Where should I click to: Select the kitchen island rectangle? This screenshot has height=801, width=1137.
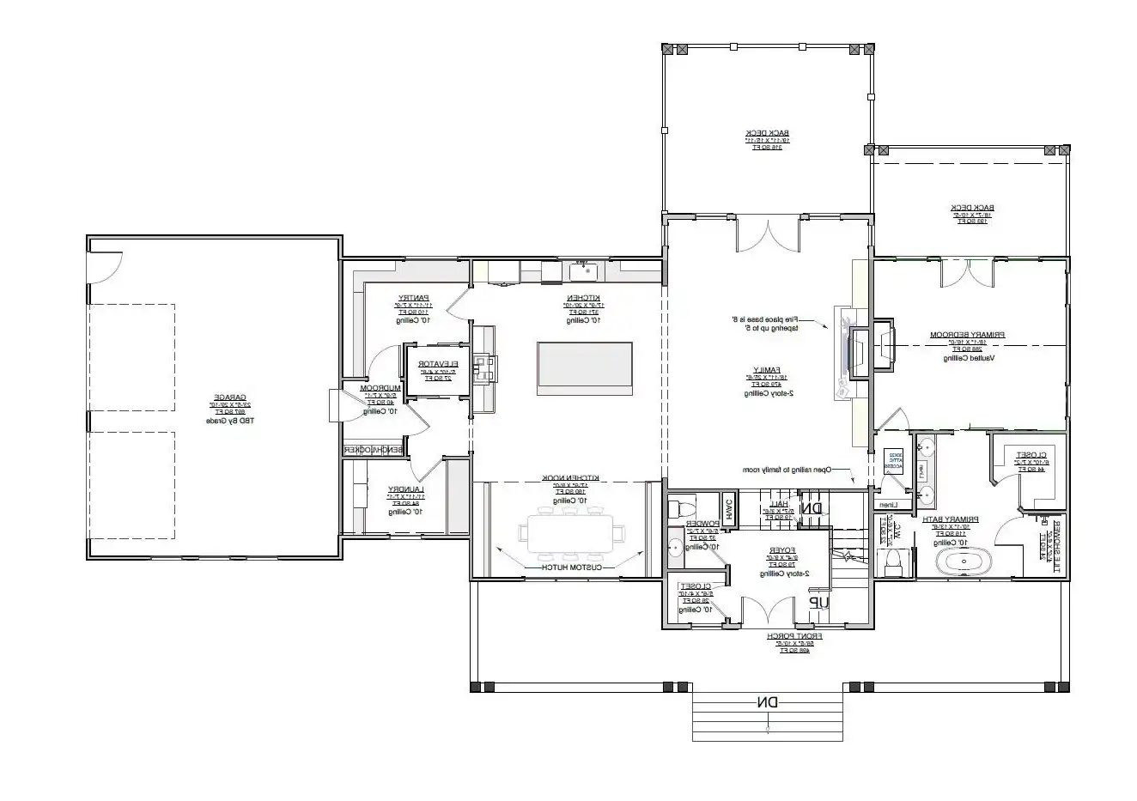[585, 368]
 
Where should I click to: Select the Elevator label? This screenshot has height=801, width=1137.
[439, 364]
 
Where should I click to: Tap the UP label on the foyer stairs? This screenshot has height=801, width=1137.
[819, 604]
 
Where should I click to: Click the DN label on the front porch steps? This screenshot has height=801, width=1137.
[767, 702]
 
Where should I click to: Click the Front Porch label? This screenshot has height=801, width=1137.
[794, 636]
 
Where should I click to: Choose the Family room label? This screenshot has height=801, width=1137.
[760, 371]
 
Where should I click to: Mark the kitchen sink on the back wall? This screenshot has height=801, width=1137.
[584, 271]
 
